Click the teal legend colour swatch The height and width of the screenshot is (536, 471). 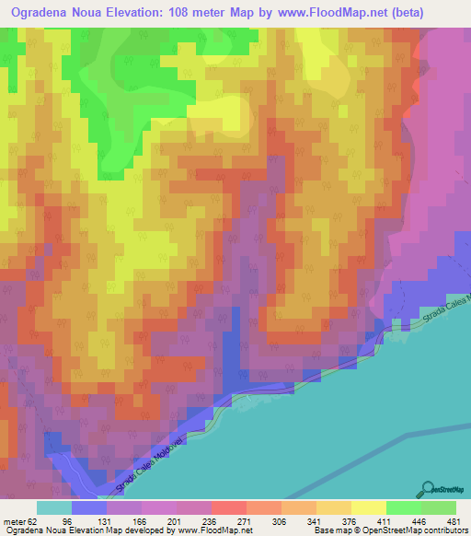(x=54, y=507)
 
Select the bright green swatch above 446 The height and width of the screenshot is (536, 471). (x=405, y=507)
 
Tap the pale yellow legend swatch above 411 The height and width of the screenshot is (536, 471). (x=369, y=507)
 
